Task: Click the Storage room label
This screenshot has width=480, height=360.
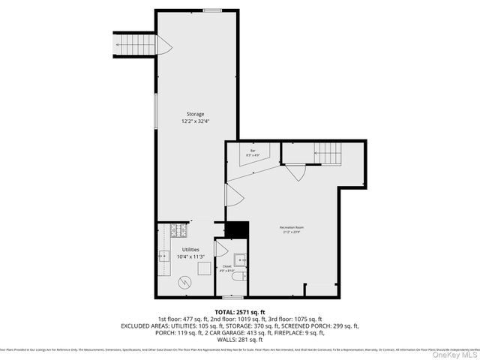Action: (x=195, y=114)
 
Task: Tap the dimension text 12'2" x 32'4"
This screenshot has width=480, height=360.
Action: (x=195, y=121)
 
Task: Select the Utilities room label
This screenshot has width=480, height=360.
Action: (x=190, y=249)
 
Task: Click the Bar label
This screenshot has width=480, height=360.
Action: (x=253, y=151)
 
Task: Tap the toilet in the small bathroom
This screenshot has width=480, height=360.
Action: (x=238, y=277)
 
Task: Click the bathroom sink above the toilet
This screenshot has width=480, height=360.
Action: (x=239, y=259)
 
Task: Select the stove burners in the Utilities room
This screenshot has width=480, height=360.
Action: (x=180, y=230)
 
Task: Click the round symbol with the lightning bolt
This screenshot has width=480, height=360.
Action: (x=184, y=282)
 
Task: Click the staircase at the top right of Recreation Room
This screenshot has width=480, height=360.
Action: (x=327, y=153)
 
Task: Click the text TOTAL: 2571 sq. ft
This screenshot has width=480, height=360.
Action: (x=240, y=311)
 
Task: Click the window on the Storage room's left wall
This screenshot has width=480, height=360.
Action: (x=156, y=113)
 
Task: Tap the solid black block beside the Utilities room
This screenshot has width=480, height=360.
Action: (x=237, y=229)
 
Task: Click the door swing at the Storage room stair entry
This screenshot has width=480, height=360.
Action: (x=164, y=46)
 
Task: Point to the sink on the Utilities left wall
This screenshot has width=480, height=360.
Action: (x=162, y=256)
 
